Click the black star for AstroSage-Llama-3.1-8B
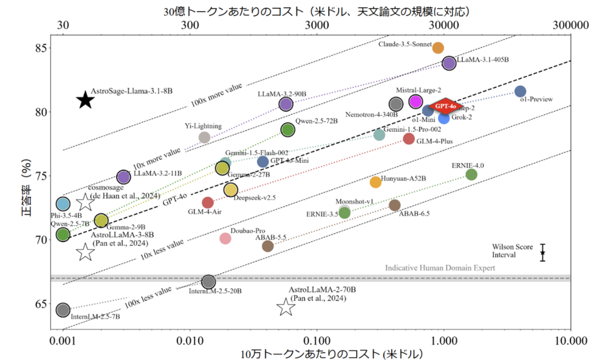coord(86,100)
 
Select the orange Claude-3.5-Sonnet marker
coord(438,48)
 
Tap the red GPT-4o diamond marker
coord(445,107)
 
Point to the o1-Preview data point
coord(520,91)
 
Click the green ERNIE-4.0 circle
coord(471,174)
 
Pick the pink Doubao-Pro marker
coord(225,238)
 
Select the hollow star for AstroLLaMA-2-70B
coord(286,307)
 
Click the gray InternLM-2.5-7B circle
coord(63,310)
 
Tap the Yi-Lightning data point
coord(204,137)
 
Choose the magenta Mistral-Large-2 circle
coord(415,102)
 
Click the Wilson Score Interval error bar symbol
coord(542,253)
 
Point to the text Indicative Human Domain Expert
coord(440,268)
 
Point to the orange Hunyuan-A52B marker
coord(375,182)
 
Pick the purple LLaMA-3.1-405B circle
coord(449,63)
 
